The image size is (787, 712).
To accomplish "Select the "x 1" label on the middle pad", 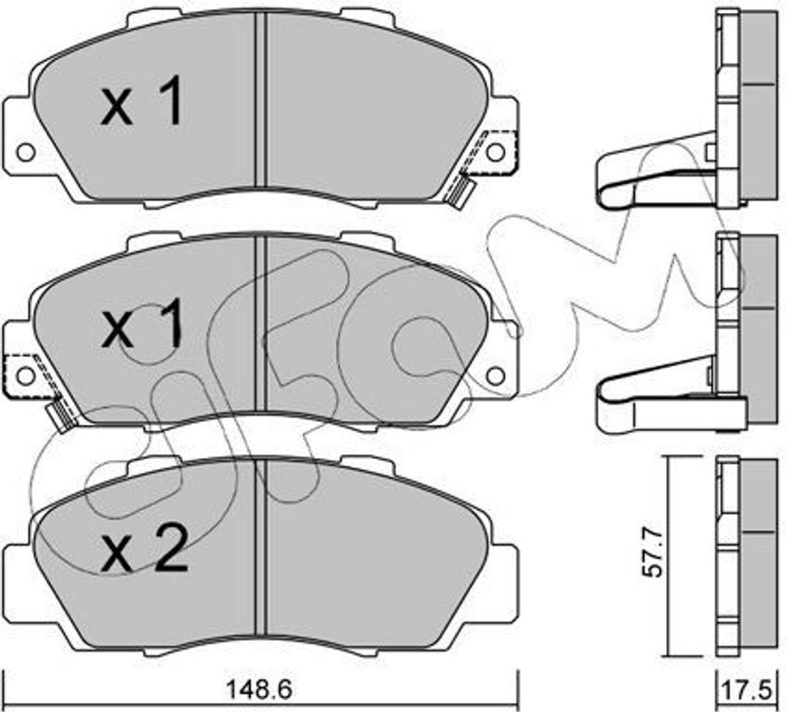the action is click(x=141, y=323).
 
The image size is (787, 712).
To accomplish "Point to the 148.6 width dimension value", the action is click(x=260, y=690).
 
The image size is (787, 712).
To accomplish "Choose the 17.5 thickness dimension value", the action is click(x=745, y=690).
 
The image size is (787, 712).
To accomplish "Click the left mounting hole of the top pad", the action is click(x=26, y=153).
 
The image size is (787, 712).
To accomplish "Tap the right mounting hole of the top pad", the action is click(x=495, y=152).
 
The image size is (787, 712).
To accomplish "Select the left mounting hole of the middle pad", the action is click(x=26, y=376).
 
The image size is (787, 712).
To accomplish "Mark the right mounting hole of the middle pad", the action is click(x=495, y=375).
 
